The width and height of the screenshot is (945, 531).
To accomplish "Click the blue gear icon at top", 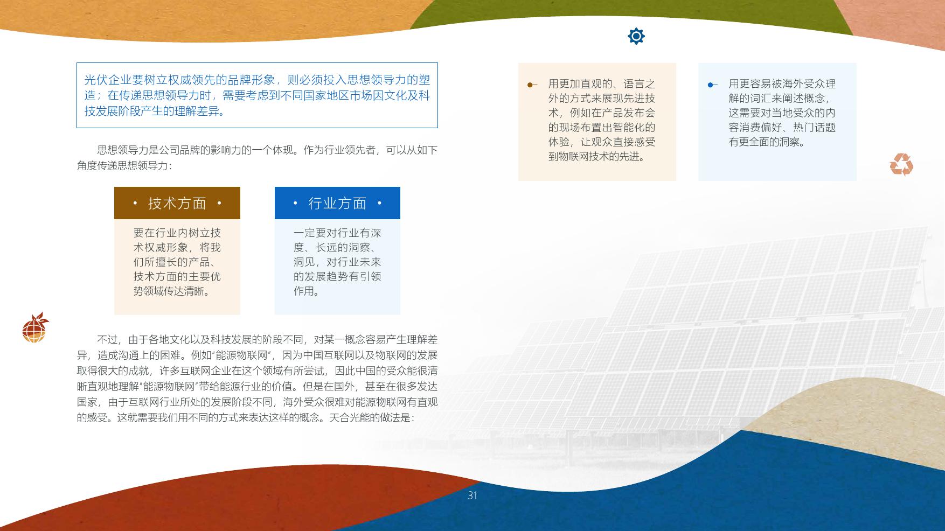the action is tap(636, 36).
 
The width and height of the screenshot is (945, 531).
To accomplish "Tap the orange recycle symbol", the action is tap(901, 165).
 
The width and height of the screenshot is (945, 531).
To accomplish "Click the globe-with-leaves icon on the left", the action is tap(35, 327).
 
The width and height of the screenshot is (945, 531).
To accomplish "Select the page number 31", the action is tap(472, 495).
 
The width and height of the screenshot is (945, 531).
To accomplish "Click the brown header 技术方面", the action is tap(177, 203).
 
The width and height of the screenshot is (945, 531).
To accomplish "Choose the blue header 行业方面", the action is tap(337, 203).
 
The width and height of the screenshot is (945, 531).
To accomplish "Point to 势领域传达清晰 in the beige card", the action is tap(171, 291).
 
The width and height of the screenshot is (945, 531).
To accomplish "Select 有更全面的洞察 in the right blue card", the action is tap(767, 142).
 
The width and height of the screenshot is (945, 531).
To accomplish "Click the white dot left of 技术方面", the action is tap(135, 203).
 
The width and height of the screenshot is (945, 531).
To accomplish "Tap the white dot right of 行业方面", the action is tap(380, 203).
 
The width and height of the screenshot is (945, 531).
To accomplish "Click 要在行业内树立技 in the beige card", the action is tap(177, 233).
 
